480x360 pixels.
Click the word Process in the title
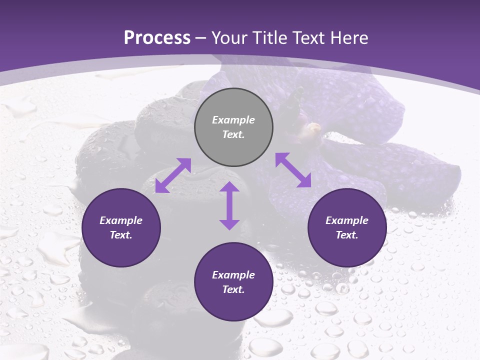157,38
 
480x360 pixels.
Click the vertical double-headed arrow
229,205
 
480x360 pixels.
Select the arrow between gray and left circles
173,175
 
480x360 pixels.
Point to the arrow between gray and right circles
293,170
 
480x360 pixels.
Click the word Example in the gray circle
233,120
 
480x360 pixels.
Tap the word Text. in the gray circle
233,134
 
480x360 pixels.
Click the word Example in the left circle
121,220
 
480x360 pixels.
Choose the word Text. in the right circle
347,235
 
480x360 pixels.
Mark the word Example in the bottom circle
233,275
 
